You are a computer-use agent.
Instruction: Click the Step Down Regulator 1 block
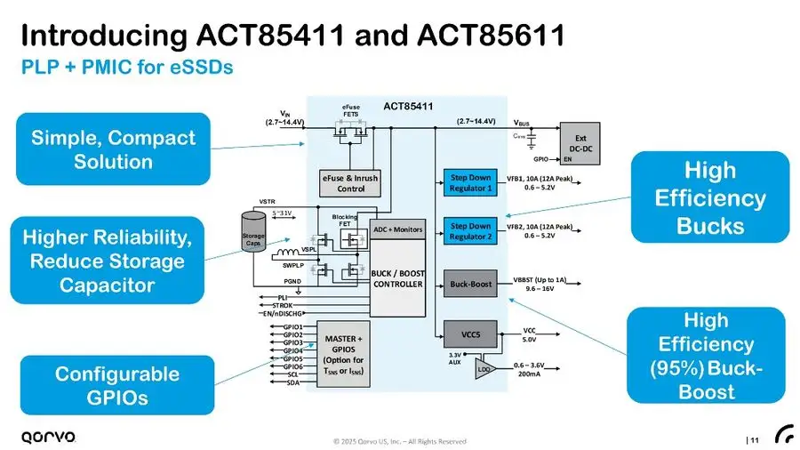coord(470,181)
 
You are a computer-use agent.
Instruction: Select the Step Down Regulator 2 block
coord(470,231)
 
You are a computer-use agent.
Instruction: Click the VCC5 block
coord(470,334)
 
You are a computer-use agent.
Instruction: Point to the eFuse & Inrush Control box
coord(350,183)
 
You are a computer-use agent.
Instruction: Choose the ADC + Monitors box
coord(396,229)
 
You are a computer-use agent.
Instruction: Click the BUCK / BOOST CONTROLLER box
coord(396,278)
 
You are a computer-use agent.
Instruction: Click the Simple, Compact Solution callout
coord(113,149)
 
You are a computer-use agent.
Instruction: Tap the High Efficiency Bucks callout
coord(710,197)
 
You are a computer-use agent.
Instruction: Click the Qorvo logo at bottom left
coord(48,436)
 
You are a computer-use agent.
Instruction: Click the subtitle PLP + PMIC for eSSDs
coord(126,68)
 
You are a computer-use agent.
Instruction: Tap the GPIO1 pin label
coord(292,327)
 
